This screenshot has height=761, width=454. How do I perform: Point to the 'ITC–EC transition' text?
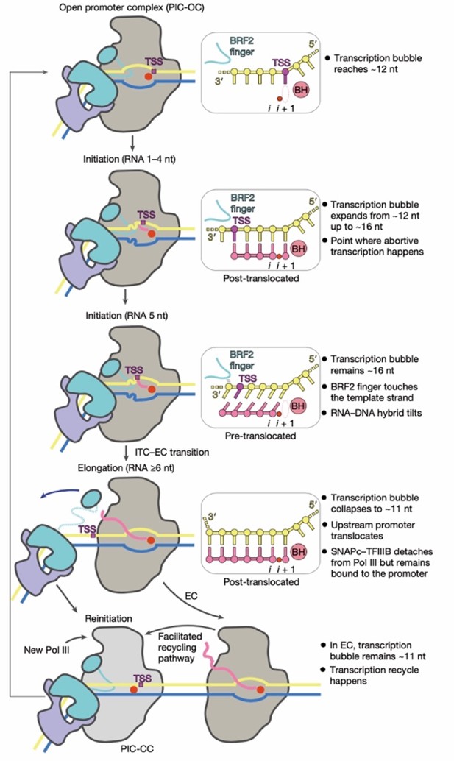166,450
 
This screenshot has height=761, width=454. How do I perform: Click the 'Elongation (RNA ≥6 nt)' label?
125,467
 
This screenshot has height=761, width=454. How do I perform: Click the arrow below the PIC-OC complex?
130,141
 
